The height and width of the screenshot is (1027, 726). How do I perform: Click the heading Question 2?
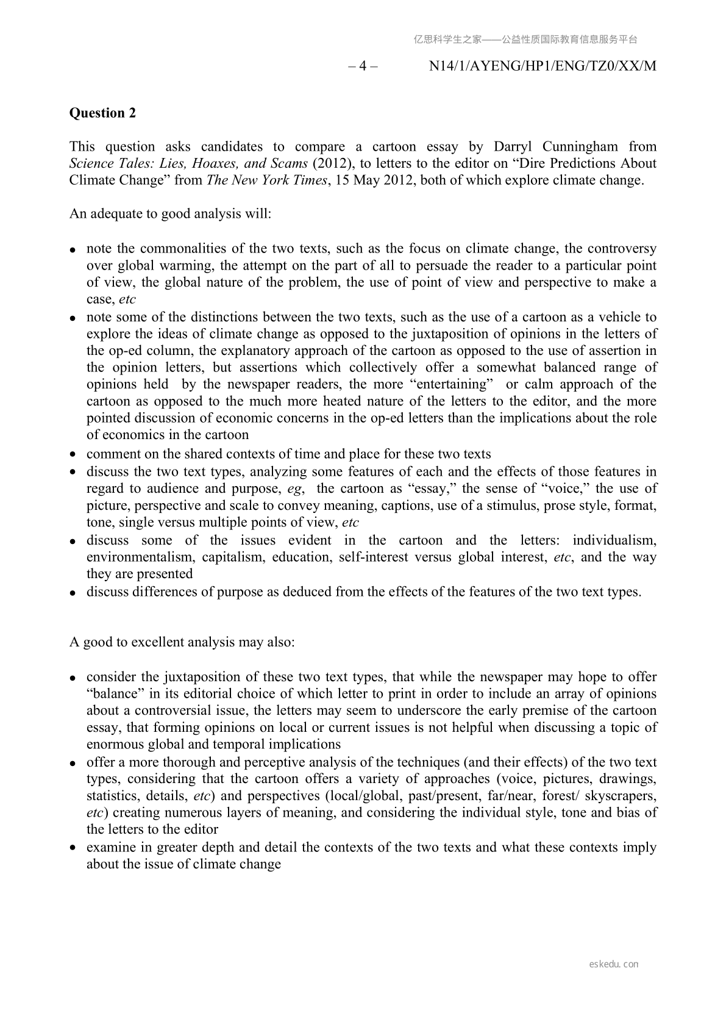point(102,113)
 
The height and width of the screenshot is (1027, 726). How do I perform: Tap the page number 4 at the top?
point(363,66)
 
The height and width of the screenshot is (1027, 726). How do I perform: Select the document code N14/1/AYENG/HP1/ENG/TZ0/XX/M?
point(543,66)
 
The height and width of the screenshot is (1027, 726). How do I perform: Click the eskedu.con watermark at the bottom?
point(614,964)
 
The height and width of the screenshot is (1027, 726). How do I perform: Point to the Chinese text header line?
point(525,40)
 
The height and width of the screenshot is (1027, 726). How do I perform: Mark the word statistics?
point(113,796)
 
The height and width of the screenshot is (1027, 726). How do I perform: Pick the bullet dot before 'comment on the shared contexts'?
point(73,454)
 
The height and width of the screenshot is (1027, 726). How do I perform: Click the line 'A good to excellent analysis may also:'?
point(182,643)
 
